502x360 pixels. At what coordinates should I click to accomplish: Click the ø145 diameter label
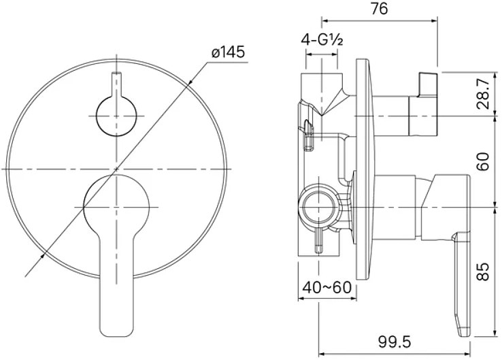pos(229,52)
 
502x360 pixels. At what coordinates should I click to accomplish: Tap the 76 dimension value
pos(380,9)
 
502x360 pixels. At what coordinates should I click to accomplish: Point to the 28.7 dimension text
pos(484,94)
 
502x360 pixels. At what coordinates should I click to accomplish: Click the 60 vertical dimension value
pos(484,161)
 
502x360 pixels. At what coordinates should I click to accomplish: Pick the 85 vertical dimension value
pos(484,272)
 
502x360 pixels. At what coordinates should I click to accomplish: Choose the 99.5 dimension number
pos(394,342)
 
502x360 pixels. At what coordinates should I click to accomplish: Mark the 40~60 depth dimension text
pos(327,287)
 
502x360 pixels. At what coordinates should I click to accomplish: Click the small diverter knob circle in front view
pos(116,116)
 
